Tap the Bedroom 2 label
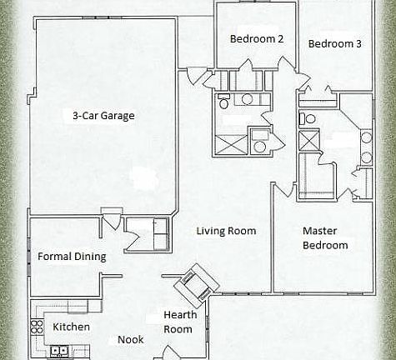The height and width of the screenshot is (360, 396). pyautogui.click(x=257, y=38)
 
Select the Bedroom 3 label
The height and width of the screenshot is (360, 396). pyautogui.click(x=334, y=44)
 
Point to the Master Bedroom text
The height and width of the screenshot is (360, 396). pyautogui.click(x=325, y=237)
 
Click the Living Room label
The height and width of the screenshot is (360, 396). pyautogui.click(x=226, y=231)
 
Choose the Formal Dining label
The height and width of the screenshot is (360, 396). pyautogui.click(x=72, y=257)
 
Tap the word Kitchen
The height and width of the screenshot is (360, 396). pyautogui.click(x=72, y=327)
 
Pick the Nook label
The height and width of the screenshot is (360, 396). pyautogui.click(x=130, y=340)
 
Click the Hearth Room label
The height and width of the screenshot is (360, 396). pyautogui.click(x=178, y=322)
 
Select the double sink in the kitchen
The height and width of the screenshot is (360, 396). pyautogui.click(x=58, y=351)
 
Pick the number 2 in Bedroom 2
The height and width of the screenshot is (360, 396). pyautogui.click(x=281, y=38)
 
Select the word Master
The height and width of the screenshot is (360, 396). pyautogui.click(x=318, y=230)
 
